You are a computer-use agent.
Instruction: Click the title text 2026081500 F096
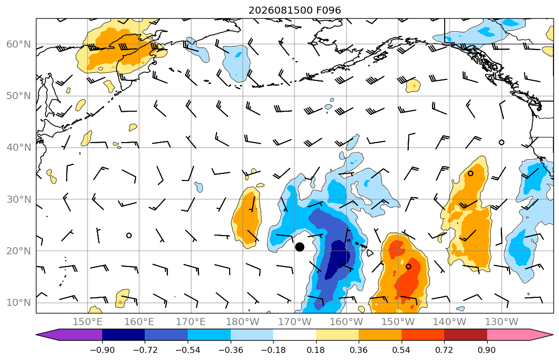point(294,10)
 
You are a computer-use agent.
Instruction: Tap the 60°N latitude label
point(19,44)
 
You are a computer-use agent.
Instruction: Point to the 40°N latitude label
point(19,147)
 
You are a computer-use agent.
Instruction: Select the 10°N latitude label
point(19,302)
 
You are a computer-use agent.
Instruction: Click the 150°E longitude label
point(88,322)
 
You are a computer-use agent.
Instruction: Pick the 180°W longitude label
point(243,322)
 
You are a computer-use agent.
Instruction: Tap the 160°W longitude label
point(347,322)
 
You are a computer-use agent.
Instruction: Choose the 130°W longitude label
point(502,322)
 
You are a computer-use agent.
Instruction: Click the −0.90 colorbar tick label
point(102,350)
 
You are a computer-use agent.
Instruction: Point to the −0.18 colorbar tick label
point(273,350)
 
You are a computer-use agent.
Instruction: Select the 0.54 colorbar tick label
point(402,350)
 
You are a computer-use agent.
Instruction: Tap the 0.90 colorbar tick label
point(487,350)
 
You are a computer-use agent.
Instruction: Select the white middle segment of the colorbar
point(294,335)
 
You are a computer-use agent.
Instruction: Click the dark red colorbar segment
point(465,335)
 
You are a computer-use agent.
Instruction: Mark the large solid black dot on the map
point(300,247)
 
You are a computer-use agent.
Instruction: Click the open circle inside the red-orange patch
point(409,266)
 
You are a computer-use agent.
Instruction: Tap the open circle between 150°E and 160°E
point(129,235)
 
